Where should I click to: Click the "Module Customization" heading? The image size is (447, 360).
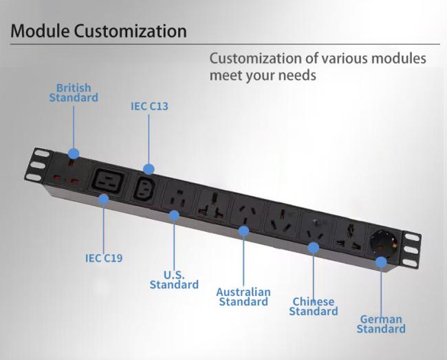click(99, 31)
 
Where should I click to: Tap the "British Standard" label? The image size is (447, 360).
click(74, 93)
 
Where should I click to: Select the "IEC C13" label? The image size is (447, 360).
click(149, 107)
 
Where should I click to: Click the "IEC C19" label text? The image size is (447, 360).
click(104, 258)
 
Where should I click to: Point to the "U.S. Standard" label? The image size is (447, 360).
click(174, 279)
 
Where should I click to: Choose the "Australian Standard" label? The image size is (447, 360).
click(243, 297)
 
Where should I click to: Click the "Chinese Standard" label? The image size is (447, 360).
click(314, 306)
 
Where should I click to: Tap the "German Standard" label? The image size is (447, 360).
click(381, 324)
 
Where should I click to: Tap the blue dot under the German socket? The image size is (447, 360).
click(380, 261)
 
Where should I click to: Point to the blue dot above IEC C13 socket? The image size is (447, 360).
click(149, 169)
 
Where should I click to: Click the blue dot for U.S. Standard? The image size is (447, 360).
click(174, 215)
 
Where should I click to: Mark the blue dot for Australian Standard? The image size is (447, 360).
click(243, 231)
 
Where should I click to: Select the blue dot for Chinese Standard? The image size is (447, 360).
click(313, 246)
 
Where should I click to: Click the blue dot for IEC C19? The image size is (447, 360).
click(104, 200)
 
